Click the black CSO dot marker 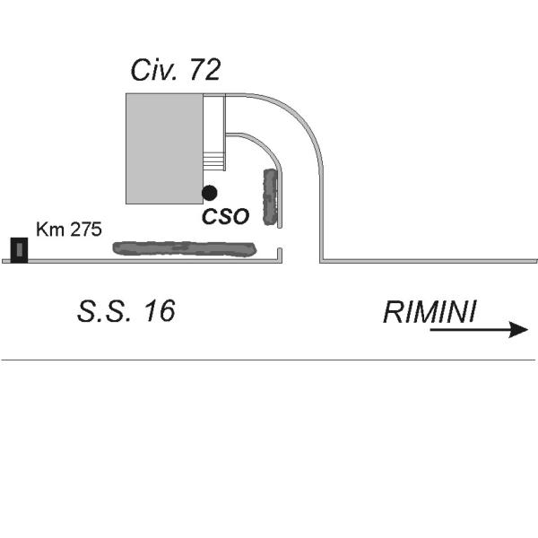coord(209,193)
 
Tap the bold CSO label coord(225,216)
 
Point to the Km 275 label coord(69,230)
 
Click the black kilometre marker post coord(19,250)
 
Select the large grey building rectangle coord(164,149)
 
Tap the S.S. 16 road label coord(126,311)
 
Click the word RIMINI coord(430,312)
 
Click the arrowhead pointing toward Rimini coord(518,330)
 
